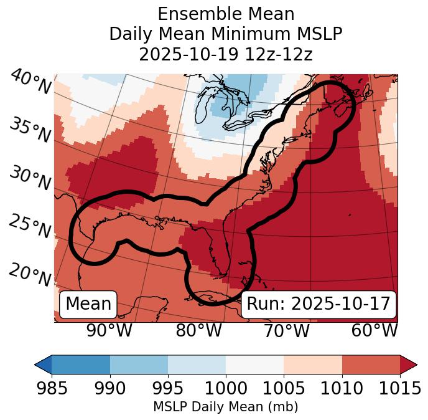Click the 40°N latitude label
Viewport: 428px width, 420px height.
tap(30, 82)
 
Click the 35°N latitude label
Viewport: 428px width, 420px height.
tap(30, 130)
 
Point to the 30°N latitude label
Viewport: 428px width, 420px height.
tap(30, 178)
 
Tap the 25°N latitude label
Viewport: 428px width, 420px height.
tap(30, 226)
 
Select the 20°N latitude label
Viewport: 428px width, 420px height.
tap(30, 275)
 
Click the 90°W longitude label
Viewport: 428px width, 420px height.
tap(109, 330)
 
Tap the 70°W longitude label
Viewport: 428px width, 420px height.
tap(286, 330)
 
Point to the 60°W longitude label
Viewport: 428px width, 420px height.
tap(374, 330)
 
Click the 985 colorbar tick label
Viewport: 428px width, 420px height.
tap(52, 388)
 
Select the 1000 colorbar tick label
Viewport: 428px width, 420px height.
tap(226, 388)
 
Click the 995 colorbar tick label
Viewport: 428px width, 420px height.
tap(168, 388)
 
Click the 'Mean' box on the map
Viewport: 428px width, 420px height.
tap(88, 304)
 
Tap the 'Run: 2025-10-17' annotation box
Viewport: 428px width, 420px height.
tap(319, 304)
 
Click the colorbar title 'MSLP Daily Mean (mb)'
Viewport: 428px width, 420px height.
tap(225, 407)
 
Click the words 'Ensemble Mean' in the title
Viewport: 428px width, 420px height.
tap(226, 14)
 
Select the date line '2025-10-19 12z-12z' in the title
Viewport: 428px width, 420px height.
tap(226, 54)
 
